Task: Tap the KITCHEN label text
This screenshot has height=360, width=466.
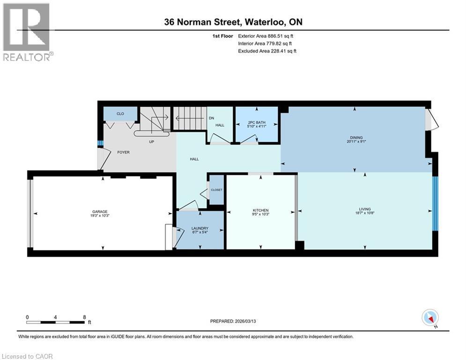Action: tap(260, 210)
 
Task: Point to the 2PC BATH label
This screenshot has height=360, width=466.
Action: tap(257, 122)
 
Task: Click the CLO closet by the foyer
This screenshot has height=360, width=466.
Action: tap(120, 113)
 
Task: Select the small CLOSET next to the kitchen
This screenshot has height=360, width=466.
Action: tap(216, 190)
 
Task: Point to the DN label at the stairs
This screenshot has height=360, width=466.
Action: tap(211, 118)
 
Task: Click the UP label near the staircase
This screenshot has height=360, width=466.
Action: tap(151, 142)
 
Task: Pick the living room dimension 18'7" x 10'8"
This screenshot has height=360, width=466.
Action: tap(365, 214)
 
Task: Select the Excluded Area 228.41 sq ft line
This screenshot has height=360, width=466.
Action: tap(267, 51)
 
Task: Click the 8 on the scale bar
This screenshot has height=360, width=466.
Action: tap(84, 317)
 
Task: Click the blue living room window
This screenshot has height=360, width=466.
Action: tap(435, 203)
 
